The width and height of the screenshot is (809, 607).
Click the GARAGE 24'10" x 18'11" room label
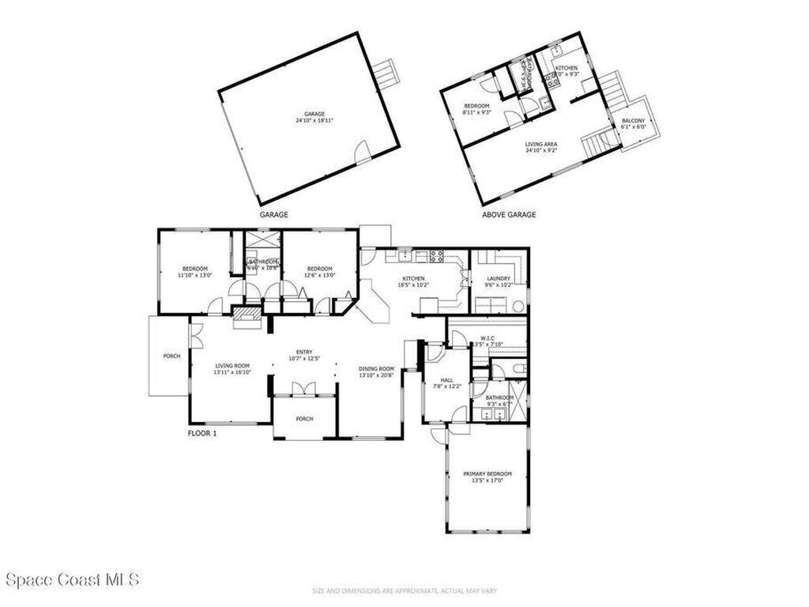coord(310,117)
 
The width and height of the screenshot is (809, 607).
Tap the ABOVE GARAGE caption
coord(509,214)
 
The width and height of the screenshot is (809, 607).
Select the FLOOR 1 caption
coord(201,433)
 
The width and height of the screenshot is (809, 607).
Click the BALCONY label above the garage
coord(633,123)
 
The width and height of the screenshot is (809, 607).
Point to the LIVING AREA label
coord(541,147)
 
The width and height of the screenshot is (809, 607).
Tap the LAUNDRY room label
coord(498,281)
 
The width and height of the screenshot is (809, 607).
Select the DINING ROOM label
coord(376,371)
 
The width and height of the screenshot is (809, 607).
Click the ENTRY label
coord(304,356)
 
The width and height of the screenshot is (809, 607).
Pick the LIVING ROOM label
coord(232,368)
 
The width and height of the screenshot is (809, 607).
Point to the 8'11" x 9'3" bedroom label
coord(477,109)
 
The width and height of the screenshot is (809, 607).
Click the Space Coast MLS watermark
coord(72,579)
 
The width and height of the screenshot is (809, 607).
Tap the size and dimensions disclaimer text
coord(404,591)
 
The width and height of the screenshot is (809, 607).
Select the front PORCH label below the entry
coord(304,419)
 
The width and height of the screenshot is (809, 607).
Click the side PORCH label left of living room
coord(171,356)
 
